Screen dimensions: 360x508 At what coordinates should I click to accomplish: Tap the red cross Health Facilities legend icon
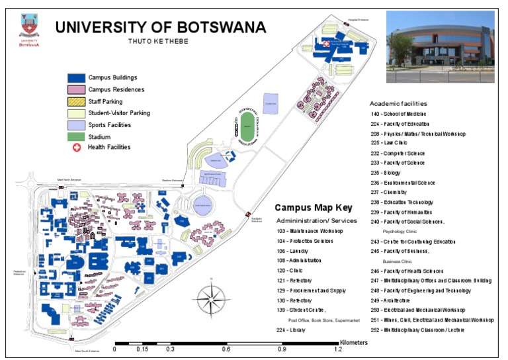[76, 148]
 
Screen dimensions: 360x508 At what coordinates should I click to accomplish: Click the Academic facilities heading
[398, 104]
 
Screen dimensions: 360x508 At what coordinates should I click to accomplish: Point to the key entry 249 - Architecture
[396, 300]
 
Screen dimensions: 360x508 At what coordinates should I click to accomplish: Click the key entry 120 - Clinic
[290, 271]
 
